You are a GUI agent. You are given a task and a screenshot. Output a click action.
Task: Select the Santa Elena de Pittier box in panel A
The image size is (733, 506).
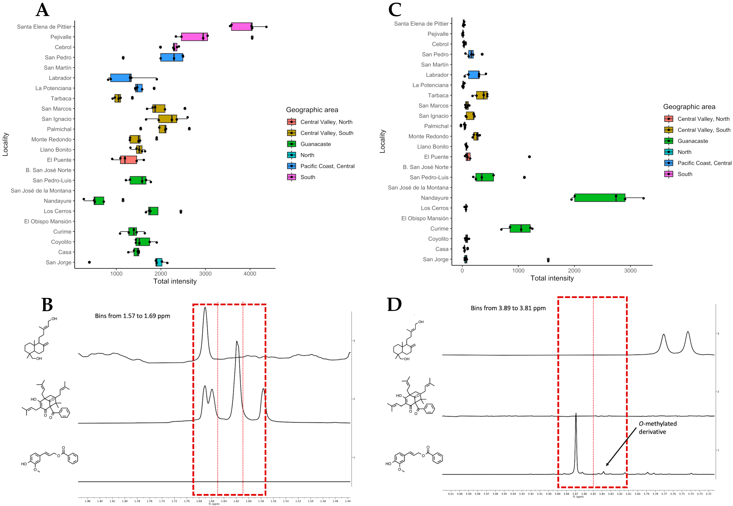point(242,27)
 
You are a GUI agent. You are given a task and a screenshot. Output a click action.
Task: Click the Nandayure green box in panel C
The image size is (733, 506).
point(599,198)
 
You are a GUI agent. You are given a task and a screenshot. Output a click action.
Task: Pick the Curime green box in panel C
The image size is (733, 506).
point(520,229)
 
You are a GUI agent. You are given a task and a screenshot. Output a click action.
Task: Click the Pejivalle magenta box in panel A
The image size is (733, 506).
point(194,37)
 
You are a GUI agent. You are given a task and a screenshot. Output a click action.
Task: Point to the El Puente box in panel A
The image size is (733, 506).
point(128,160)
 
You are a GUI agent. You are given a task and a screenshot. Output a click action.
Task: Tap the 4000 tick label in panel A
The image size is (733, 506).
point(250,274)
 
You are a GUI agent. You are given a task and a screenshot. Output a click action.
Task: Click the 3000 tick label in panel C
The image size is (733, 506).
point(630,271)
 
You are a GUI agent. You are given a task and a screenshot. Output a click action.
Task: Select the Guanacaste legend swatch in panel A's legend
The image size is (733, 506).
point(291,144)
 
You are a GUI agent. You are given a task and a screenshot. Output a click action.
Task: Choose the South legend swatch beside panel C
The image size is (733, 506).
point(668,174)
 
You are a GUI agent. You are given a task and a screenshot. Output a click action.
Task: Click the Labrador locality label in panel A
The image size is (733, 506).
point(60,78)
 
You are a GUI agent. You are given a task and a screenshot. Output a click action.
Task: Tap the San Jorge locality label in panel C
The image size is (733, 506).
point(436,259)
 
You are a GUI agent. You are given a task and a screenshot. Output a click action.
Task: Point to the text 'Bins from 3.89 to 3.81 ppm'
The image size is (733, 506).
point(508,308)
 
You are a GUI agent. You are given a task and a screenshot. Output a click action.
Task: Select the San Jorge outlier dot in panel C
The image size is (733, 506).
point(548,260)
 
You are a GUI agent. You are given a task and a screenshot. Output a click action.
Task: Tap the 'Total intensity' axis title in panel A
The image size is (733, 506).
point(175,281)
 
